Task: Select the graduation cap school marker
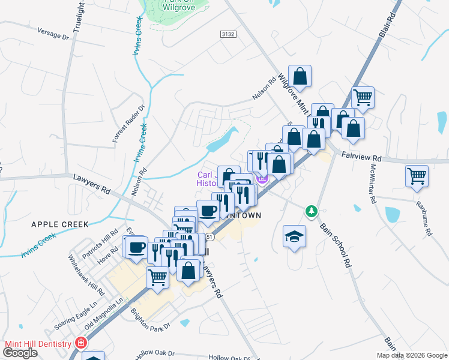click(x=294, y=236)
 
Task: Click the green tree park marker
click(x=311, y=211)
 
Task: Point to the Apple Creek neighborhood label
click(x=60, y=224)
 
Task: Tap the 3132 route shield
click(x=228, y=35)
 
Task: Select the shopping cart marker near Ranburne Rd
click(x=417, y=176)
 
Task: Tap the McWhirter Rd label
click(x=370, y=184)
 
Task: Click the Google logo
click(x=20, y=353)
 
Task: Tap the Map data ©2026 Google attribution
click(x=412, y=355)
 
